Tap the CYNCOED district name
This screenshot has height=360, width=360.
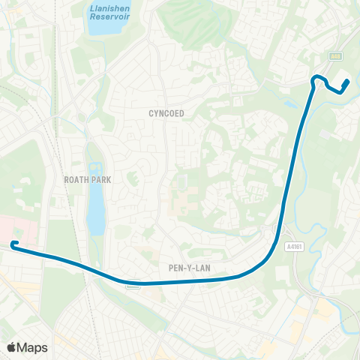[166, 113]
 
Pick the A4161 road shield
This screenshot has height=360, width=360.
[293, 244]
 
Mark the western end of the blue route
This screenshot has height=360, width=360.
[13, 243]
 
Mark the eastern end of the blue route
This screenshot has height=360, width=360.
[346, 82]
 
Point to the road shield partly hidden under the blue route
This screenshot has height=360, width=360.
[133, 284]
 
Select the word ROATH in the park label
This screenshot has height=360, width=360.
[76, 180]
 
